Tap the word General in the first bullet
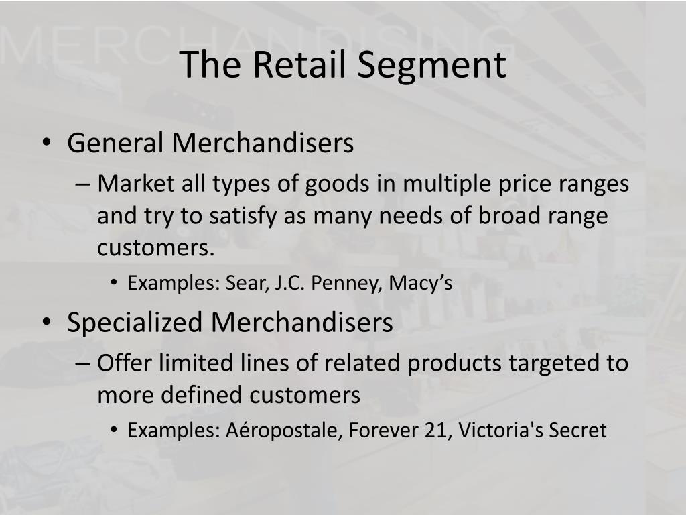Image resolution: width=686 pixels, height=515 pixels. click(x=115, y=143)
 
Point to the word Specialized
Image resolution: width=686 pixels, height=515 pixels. click(x=135, y=323)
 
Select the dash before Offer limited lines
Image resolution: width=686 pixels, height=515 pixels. click(x=82, y=363)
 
